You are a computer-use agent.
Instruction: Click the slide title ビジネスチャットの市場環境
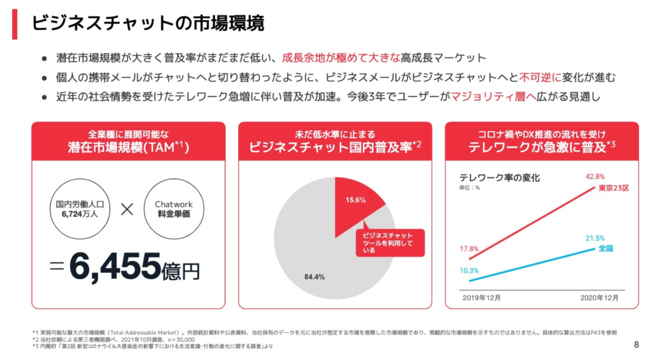(x=148, y=23)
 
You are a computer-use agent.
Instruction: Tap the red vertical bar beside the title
(x=15, y=24)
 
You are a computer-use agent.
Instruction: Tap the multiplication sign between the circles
(x=127, y=210)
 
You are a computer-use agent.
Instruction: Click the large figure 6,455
(x=115, y=267)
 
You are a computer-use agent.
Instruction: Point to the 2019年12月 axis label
(x=481, y=298)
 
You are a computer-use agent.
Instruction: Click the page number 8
(x=636, y=345)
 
